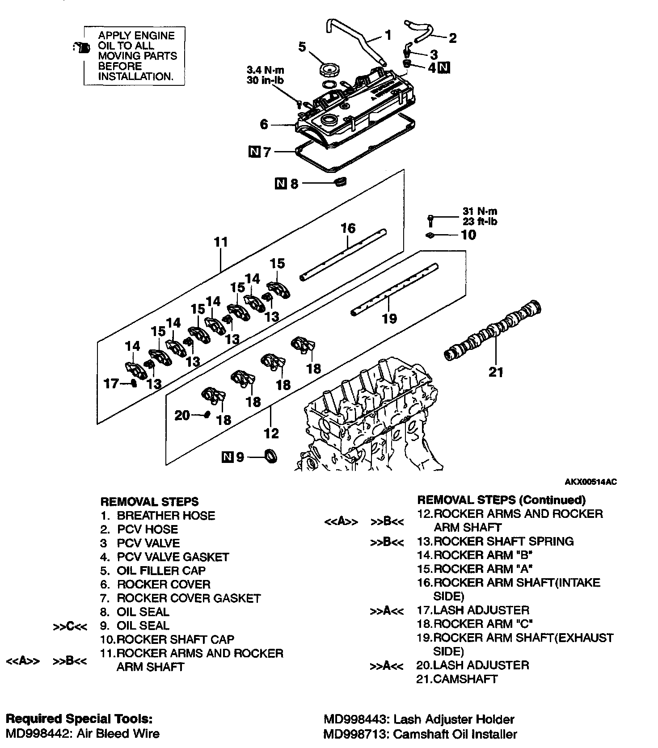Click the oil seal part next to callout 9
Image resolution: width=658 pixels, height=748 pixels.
click(270, 456)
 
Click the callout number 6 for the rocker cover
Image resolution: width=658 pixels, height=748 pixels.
click(264, 124)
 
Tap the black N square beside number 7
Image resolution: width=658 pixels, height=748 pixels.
click(253, 152)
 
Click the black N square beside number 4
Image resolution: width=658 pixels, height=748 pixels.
click(444, 67)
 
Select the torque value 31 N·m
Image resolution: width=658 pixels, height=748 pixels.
click(480, 211)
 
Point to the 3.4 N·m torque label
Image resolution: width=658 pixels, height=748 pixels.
click(265, 70)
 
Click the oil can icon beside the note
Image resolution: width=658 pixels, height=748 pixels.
click(80, 47)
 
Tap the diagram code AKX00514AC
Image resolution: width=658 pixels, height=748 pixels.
click(591, 481)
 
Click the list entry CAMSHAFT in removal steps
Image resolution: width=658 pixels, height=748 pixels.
click(465, 679)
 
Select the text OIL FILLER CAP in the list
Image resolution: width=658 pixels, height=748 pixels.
click(161, 571)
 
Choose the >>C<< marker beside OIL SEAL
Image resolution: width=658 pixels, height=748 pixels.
click(70, 626)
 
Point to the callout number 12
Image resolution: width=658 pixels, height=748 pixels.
click(271, 433)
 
